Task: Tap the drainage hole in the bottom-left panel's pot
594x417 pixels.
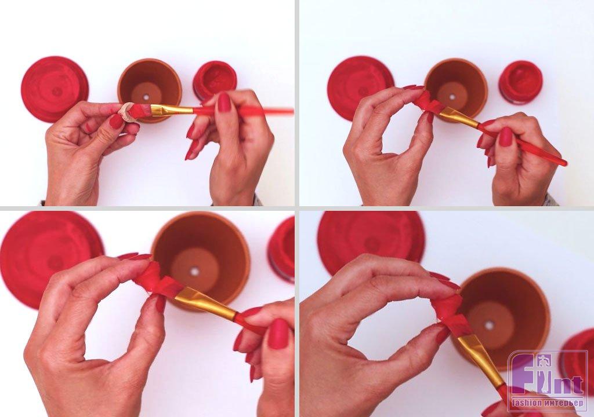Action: pos(195,271)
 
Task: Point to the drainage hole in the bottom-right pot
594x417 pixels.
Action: pos(490,325)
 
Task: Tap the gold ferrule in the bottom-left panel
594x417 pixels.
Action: pos(205,301)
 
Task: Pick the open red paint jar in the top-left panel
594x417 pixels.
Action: pos(215,79)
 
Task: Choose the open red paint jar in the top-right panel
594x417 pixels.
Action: pos(520,81)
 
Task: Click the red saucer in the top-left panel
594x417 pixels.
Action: pos(55,89)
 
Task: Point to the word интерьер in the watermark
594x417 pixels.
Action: pos(564,403)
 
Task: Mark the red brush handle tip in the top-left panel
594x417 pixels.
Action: pos(292,111)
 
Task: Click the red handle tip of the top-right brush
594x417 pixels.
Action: pos(564,163)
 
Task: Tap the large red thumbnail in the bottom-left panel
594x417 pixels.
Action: pos(279,334)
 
